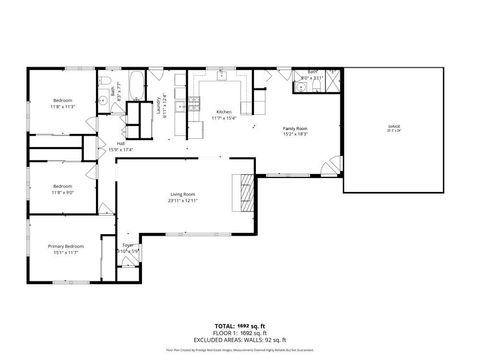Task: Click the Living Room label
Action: click(x=183, y=195)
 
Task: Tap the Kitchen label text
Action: click(x=224, y=112)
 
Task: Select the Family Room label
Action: click(x=294, y=128)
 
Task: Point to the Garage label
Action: click(x=393, y=126)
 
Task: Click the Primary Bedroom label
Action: click(x=67, y=246)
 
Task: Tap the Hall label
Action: click(x=120, y=144)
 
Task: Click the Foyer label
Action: click(x=127, y=245)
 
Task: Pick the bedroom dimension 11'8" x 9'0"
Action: click(x=63, y=191)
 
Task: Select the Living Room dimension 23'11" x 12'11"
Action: click(x=183, y=201)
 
